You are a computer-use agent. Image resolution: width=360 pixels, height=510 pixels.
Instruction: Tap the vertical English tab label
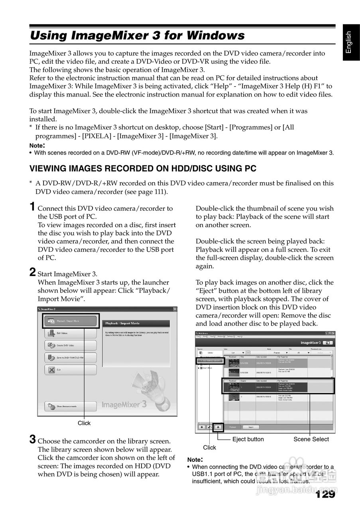click(x=349, y=42)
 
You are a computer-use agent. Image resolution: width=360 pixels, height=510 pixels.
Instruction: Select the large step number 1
click(x=33, y=207)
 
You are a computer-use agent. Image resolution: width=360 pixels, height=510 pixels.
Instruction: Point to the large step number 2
click(x=33, y=272)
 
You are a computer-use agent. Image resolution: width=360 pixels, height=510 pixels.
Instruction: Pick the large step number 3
click(x=33, y=439)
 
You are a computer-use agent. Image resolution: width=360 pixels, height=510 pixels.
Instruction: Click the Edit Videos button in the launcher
click(x=70, y=333)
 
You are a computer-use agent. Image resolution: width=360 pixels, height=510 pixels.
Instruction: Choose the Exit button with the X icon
click(x=70, y=370)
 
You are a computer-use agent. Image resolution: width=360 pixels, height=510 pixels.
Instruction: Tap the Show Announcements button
click(x=70, y=406)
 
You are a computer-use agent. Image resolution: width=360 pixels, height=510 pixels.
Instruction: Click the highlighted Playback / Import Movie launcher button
click(x=70, y=320)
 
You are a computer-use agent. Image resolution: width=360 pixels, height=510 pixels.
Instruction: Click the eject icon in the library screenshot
click(x=218, y=427)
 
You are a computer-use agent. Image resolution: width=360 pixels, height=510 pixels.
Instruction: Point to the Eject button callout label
click(x=248, y=439)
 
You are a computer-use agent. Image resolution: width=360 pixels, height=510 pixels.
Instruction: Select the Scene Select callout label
click(x=311, y=439)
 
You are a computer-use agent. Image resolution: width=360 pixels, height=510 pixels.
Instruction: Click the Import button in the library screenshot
click(x=251, y=427)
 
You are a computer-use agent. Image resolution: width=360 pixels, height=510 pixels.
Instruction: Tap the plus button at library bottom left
click(x=202, y=427)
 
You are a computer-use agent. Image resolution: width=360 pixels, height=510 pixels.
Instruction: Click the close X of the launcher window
click(x=175, y=309)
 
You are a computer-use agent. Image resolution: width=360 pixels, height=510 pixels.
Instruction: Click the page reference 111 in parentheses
click(x=159, y=192)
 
